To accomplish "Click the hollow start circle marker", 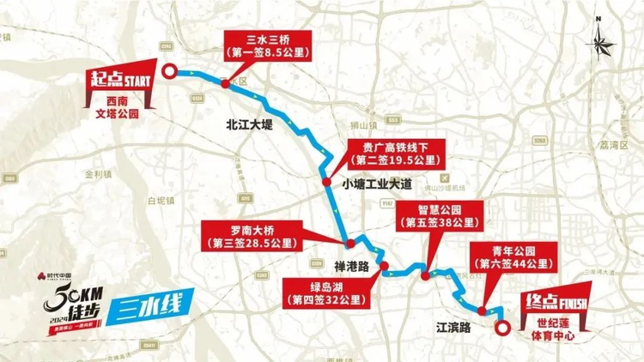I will (x=170, y=73).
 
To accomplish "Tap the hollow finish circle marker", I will (x=503, y=326).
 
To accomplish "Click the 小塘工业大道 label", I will (x=377, y=183).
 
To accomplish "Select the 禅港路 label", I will (x=350, y=265).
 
